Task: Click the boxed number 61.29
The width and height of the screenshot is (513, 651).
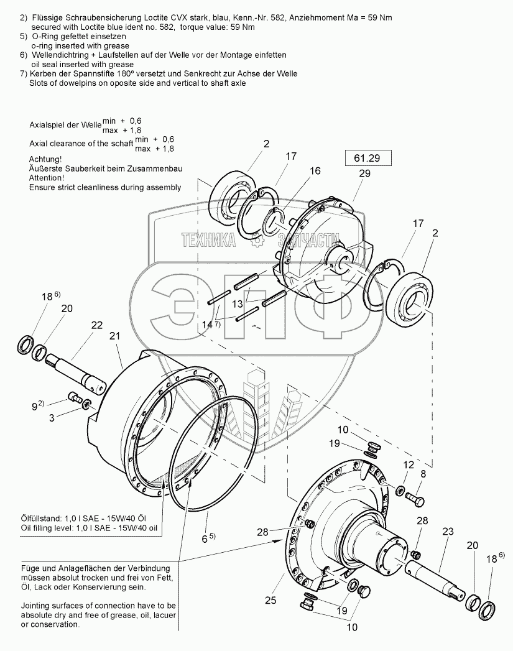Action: (368, 159)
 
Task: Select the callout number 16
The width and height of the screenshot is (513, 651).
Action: (315, 170)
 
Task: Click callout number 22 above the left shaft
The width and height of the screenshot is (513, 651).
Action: (96, 325)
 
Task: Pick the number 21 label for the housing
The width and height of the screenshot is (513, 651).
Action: (115, 336)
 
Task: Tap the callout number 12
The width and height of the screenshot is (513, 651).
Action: (407, 464)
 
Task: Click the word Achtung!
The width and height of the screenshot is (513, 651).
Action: (46, 159)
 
